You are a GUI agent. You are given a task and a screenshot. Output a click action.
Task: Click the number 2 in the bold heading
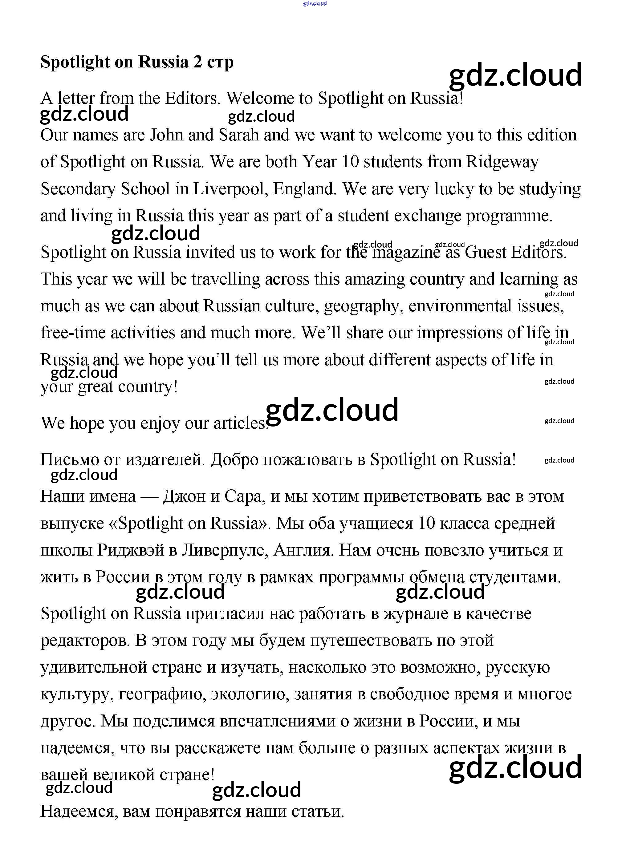pos(197,62)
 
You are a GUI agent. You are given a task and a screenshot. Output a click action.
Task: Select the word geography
pos(364,306)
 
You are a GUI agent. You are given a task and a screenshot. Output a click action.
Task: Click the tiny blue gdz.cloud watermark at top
pos(315,3)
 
